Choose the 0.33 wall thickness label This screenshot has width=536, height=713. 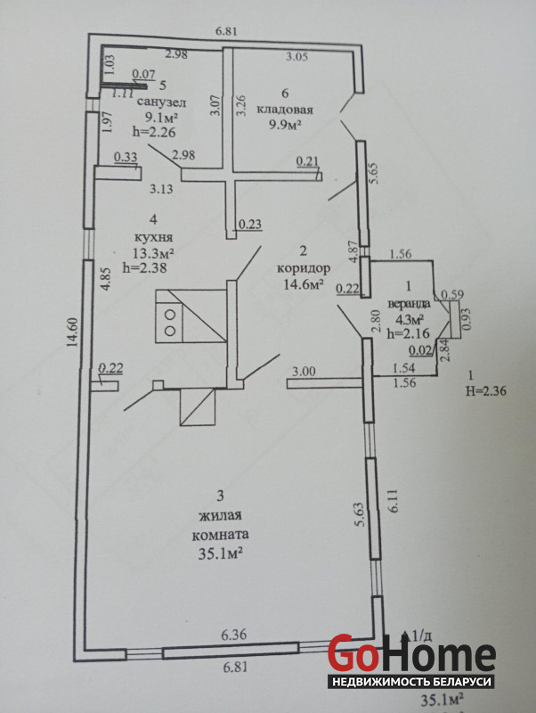[x=125, y=158]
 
